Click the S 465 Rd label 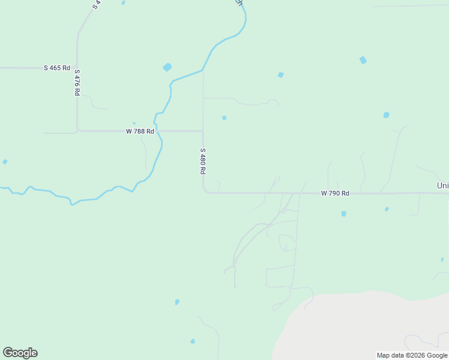pyautogui.click(x=57, y=68)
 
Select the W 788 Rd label pyautogui.click(x=140, y=131)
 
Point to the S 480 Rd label pyautogui.click(x=203, y=161)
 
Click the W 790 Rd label pyautogui.click(x=335, y=193)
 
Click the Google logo pyautogui.click(x=20, y=353)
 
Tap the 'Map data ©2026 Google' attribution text pyautogui.click(x=412, y=355)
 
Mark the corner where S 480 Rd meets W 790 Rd pyautogui.click(x=205, y=192)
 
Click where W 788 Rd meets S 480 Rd pyautogui.click(x=202, y=131)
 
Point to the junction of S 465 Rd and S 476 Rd pyautogui.click(x=77, y=68)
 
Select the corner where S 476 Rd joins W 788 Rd pyautogui.click(x=77, y=130)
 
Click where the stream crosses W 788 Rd pyautogui.click(x=157, y=131)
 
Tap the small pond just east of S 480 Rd pyautogui.click(x=224, y=118)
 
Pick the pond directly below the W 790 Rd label pyautogui.click(x=343, y=214)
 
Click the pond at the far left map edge pyautogui.click(x=5, y=162)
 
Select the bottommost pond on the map pyautogui.click(x=193, y=341)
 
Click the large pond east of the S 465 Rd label pyautogui.click(x=167, y=67)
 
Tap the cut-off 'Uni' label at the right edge pyautogui.click(x=443, y=186)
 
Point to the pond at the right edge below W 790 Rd pyautogui.click(x=441, y=260)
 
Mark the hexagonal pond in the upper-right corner pyautogui.click(x=363, y=60)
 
